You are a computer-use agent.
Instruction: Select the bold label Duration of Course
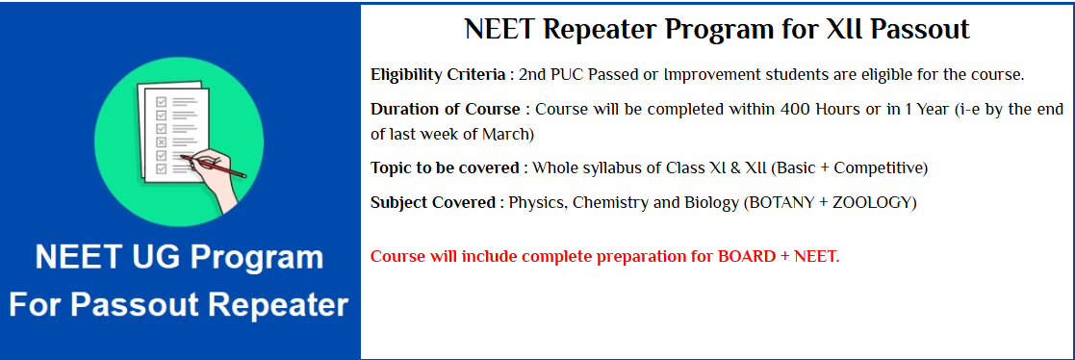coord(445,110)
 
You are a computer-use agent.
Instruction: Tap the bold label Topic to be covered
coord(446,168)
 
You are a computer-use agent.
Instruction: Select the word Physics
coord(536,203)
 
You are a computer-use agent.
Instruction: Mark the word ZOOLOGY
coord(871,203)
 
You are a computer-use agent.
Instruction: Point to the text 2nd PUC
coord(553,75)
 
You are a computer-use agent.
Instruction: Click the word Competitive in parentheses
coord(877,168)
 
